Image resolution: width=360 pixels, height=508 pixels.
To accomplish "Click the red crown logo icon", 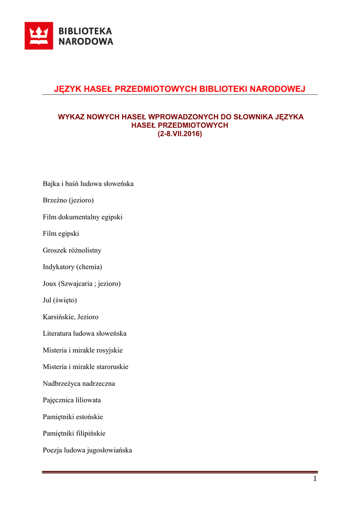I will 39,36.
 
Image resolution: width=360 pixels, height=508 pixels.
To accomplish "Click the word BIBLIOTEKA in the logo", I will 86,31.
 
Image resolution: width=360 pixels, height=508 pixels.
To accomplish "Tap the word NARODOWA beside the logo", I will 86,42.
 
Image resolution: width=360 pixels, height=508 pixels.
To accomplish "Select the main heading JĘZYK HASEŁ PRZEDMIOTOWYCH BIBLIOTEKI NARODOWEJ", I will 179,89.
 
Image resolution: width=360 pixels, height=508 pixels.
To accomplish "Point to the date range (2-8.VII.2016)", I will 180,134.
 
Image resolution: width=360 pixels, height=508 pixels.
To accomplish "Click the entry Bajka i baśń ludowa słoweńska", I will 88,184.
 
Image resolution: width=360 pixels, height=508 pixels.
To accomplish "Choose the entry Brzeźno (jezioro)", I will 68,200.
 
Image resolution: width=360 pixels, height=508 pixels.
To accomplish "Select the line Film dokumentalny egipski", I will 82,217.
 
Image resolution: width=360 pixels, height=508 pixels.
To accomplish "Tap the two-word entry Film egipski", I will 61,234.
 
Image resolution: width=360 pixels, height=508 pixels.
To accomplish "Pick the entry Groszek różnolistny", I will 72,251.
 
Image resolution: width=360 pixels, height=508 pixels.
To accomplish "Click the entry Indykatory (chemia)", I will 72,267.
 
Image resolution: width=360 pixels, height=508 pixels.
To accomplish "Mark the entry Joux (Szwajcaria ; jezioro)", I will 81,284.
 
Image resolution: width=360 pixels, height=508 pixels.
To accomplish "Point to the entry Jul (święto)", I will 60,300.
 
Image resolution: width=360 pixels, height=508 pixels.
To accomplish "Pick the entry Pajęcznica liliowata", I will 72,400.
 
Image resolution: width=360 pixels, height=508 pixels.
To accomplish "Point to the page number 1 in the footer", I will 315,479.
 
